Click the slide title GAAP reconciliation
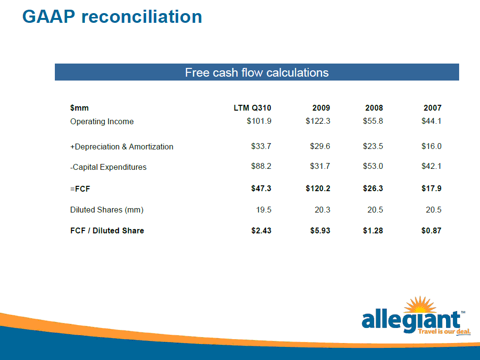[112, 16]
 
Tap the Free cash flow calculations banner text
[257, 73]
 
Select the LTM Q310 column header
[252, 108]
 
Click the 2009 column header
[321, 108]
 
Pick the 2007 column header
[432, 108]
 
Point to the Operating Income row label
[102, 121]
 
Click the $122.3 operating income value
[318, 121]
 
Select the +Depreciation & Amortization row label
[121, 147]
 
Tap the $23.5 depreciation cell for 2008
[373, 147]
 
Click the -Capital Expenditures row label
[108, 167]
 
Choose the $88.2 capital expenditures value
[261, 166]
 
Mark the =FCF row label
[80, 189]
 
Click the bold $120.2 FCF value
[318, 189]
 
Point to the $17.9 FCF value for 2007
[431, 189]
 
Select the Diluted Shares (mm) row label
[107, 210]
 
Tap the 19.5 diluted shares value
[264, 210]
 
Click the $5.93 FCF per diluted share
[320, 230]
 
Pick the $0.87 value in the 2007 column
[431, 230]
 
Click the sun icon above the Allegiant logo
[420, 305]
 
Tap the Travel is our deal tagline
[444, 331]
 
